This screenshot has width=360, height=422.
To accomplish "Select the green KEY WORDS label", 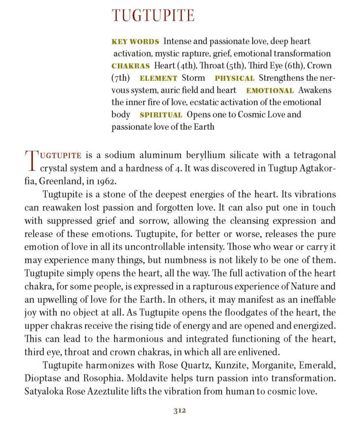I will [x=135, y=41].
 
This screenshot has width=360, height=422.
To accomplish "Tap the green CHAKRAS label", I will [x=131, y=66].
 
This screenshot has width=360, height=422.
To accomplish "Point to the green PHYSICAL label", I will [x=234, y=78].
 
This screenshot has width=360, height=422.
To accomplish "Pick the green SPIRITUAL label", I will [x=161, y=115].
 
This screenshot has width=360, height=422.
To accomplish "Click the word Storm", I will [x=193, y=78].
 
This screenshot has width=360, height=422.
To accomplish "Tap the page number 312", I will [x=180, y=410].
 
